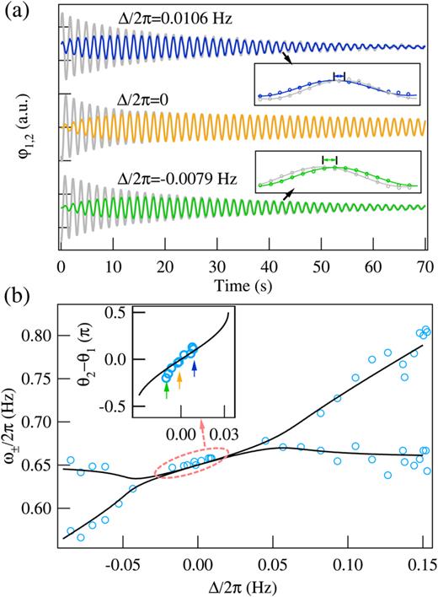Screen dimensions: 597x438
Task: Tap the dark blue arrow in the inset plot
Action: (x=194, y=368)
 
